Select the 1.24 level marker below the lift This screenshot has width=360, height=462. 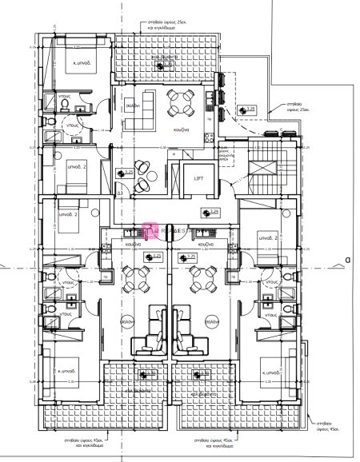pos(213,212)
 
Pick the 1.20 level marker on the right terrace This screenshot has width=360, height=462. pos(249,109)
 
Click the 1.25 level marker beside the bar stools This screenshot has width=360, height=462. pos(128,172)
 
